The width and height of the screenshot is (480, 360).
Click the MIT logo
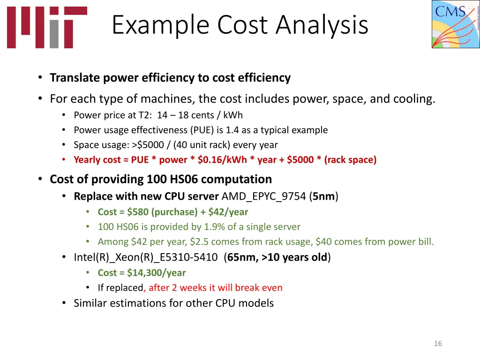click(x=47, y=27)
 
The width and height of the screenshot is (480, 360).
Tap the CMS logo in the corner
click(x=456, y=24)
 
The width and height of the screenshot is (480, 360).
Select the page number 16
click(x=438, y=344)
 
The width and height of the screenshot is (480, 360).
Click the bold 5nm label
click(x=323, y=196)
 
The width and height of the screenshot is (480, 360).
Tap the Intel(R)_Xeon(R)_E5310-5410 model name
click(x=146, y=257)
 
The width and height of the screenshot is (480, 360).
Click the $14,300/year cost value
click(x=156, y=272)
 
